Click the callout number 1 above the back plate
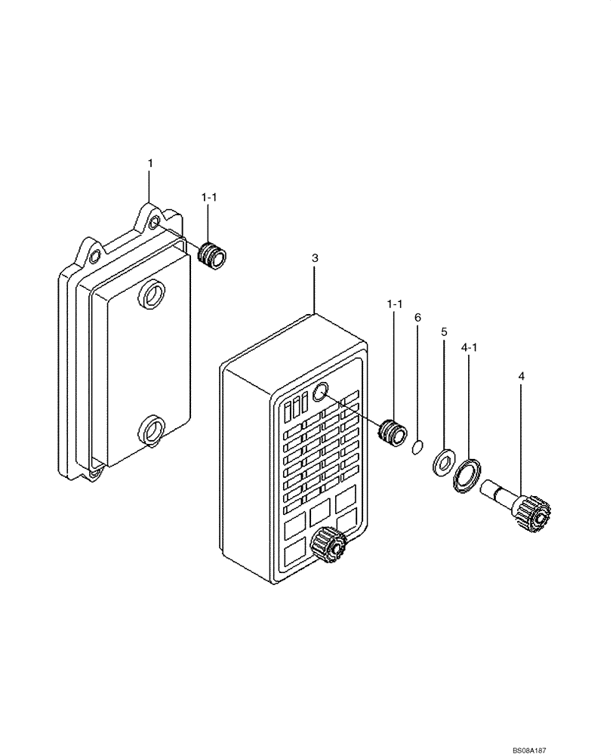[149, 163]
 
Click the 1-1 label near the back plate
[209, 197]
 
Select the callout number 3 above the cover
[315, 258]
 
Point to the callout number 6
[417, 318]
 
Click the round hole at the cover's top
[319, 391]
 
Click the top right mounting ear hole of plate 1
[153, 223]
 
